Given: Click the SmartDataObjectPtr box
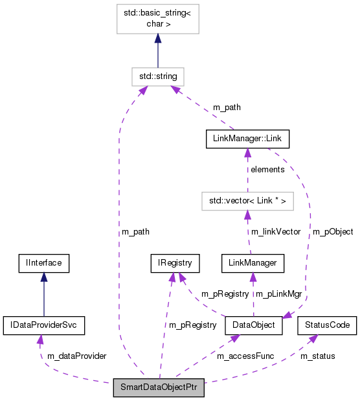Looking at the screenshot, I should (x=159, y=388).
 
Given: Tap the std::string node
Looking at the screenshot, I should (x=157, y=76).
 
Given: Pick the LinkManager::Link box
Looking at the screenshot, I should (x=247, y=139).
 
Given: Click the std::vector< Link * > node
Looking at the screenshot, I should (x=247, y=201).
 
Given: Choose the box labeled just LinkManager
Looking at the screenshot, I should (x=252, y=263).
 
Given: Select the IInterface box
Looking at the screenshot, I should (x=43, y=263).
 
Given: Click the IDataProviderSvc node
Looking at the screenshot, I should (x=43, y=325).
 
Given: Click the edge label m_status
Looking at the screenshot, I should (x=317, y=356).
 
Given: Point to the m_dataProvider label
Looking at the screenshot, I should (x=76, y=356).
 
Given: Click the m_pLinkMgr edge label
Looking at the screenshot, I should (x=280, y=293).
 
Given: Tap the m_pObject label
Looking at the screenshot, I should (x=333, y=231).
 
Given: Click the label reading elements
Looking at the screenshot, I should (x=267, y=170).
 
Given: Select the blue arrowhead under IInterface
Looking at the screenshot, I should (x=43, y=277).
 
